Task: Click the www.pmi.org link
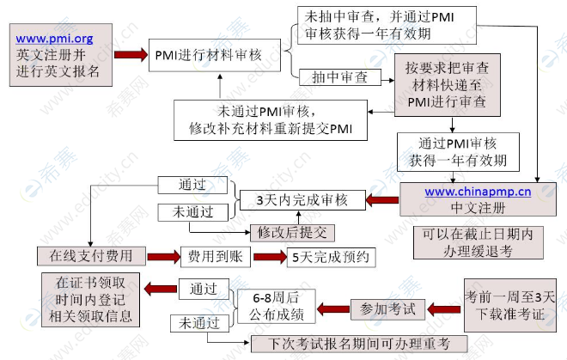(x=54, y=39)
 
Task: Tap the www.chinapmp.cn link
(x=478, y=192)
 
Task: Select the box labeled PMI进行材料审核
(x=215, y=55)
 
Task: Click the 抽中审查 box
(x=340, y=77)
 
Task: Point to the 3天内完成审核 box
(x=302, y=199)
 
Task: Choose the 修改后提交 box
(x=292, y=233)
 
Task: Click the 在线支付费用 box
(x=91, y=256)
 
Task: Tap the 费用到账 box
(x=215, y=257)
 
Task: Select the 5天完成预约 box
(x=331, y=257)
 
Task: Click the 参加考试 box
(x=387, y=309)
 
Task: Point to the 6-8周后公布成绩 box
(x=276, y=306)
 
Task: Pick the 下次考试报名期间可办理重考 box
(x=359, y=344)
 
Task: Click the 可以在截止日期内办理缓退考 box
(x=478, y=242)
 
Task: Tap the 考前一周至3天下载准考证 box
(x=509, y=305)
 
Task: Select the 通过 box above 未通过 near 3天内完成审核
(x=192, y=185)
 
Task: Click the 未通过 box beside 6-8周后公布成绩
(x=199, y=323)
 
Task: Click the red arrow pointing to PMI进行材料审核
(x=131, y=55)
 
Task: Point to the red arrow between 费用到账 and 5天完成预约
(x=270, y=257)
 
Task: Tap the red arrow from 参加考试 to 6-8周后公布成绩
(x=333, y=309)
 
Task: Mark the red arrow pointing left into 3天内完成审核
(x=382, y=200)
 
